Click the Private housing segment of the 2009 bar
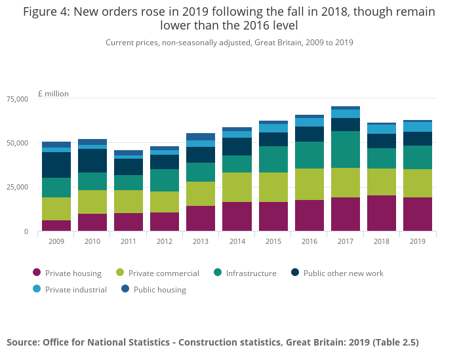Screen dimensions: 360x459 point(56,226)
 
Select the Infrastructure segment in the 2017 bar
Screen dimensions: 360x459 point(346,150)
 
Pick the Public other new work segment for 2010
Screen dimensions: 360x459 point(92,161)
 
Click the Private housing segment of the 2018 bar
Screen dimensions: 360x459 point(382,213)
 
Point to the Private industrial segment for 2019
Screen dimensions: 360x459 point(418,127)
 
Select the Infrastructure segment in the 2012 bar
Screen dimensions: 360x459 point(165,180)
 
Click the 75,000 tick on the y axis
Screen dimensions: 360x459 point(17,99)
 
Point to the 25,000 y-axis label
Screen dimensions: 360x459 point(17,188)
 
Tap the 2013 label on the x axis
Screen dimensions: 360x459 point(201,241)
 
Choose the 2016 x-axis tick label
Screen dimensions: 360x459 point(309,241)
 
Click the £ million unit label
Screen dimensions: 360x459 point(53,94)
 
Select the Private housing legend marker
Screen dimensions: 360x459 point(37,273)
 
